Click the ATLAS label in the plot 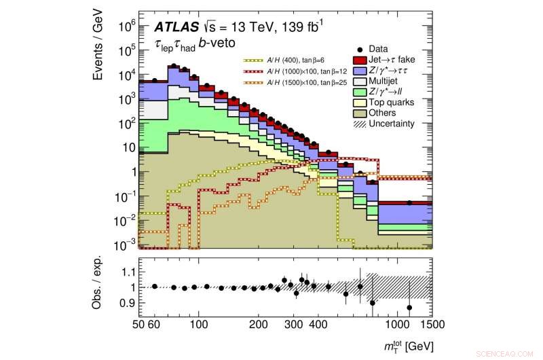click(x=175, y=28)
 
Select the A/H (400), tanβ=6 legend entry click(x=277, y=60)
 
